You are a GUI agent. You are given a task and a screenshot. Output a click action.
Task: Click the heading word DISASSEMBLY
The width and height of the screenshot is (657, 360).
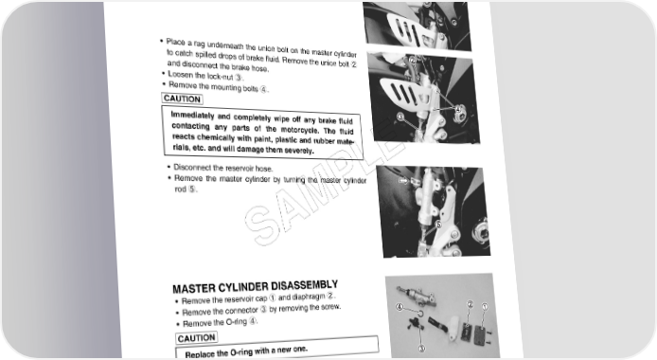click(x=304, y=286)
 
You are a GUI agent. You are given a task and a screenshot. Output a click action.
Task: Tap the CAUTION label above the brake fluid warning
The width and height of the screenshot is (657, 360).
click(x=183, y=99)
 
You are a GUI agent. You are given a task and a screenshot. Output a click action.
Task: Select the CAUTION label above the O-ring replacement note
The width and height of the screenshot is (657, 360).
click(x=197, y=338)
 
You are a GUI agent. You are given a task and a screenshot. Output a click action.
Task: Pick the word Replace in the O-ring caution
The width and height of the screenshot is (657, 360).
click(x=200, y=354)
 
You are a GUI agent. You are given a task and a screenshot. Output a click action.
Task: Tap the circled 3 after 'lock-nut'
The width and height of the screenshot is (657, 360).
click(x=239, y=77)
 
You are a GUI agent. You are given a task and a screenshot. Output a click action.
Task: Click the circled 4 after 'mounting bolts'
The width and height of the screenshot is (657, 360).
click(x=263, y=89)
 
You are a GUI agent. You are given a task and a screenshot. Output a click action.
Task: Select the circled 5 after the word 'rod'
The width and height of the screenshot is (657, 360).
click(x=191, y=189)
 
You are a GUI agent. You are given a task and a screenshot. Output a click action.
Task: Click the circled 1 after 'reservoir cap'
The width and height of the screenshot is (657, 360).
click(x=273, y=298)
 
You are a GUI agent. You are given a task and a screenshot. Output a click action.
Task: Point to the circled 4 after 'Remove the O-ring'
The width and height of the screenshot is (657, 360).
click(x=252, y=321)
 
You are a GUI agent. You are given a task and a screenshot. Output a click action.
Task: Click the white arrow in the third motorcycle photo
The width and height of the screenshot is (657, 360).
click(x=403, y=181)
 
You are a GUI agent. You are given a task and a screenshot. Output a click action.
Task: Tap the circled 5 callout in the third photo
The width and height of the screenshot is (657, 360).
click(x=438, y=225)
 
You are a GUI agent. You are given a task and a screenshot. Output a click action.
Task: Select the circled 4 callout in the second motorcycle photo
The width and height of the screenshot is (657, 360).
click(x=458, y=109)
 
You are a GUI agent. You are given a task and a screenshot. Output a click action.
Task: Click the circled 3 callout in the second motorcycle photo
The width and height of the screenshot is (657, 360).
click(x=400, y=117)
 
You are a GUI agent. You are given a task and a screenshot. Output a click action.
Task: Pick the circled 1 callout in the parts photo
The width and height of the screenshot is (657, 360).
click(x=485, y=306)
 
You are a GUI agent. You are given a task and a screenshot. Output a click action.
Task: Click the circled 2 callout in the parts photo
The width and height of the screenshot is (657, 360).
click(x=470, y=304)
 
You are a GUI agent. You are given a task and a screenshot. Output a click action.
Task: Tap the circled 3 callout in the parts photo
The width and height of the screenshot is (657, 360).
click(x=421, y=348)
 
